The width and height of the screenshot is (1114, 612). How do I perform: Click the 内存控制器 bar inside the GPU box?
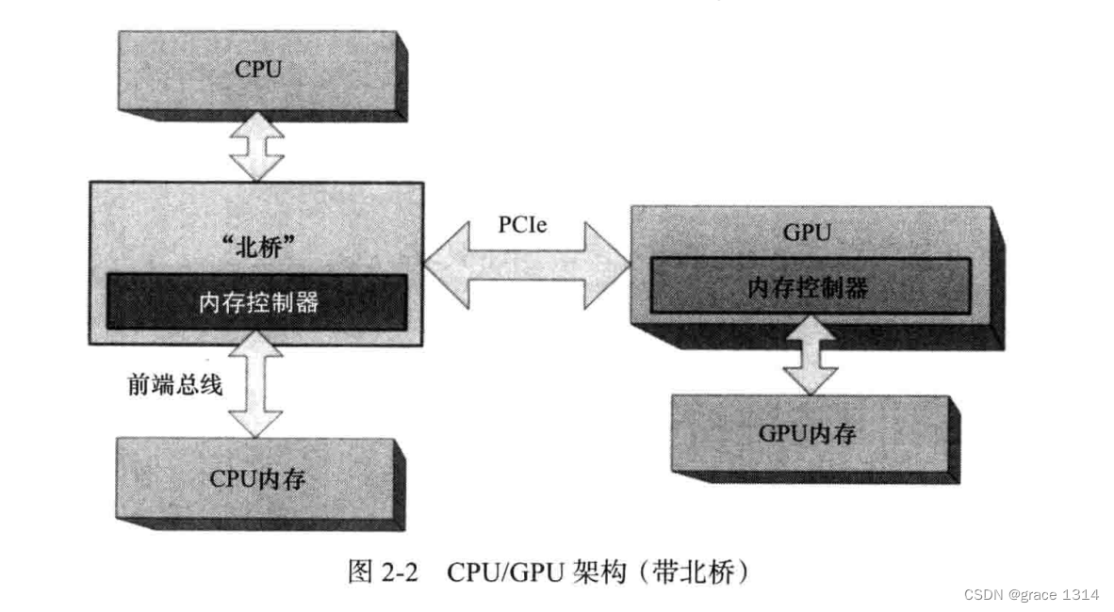[808, 289]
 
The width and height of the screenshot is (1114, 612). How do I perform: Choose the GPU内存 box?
[808, 434]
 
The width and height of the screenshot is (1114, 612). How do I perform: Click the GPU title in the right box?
[808, 234]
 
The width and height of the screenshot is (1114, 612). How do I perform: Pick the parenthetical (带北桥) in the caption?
[694, 572]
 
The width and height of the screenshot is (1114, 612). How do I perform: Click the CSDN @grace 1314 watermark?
[1032, 595]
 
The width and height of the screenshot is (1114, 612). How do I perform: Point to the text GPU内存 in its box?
[808, 434]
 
